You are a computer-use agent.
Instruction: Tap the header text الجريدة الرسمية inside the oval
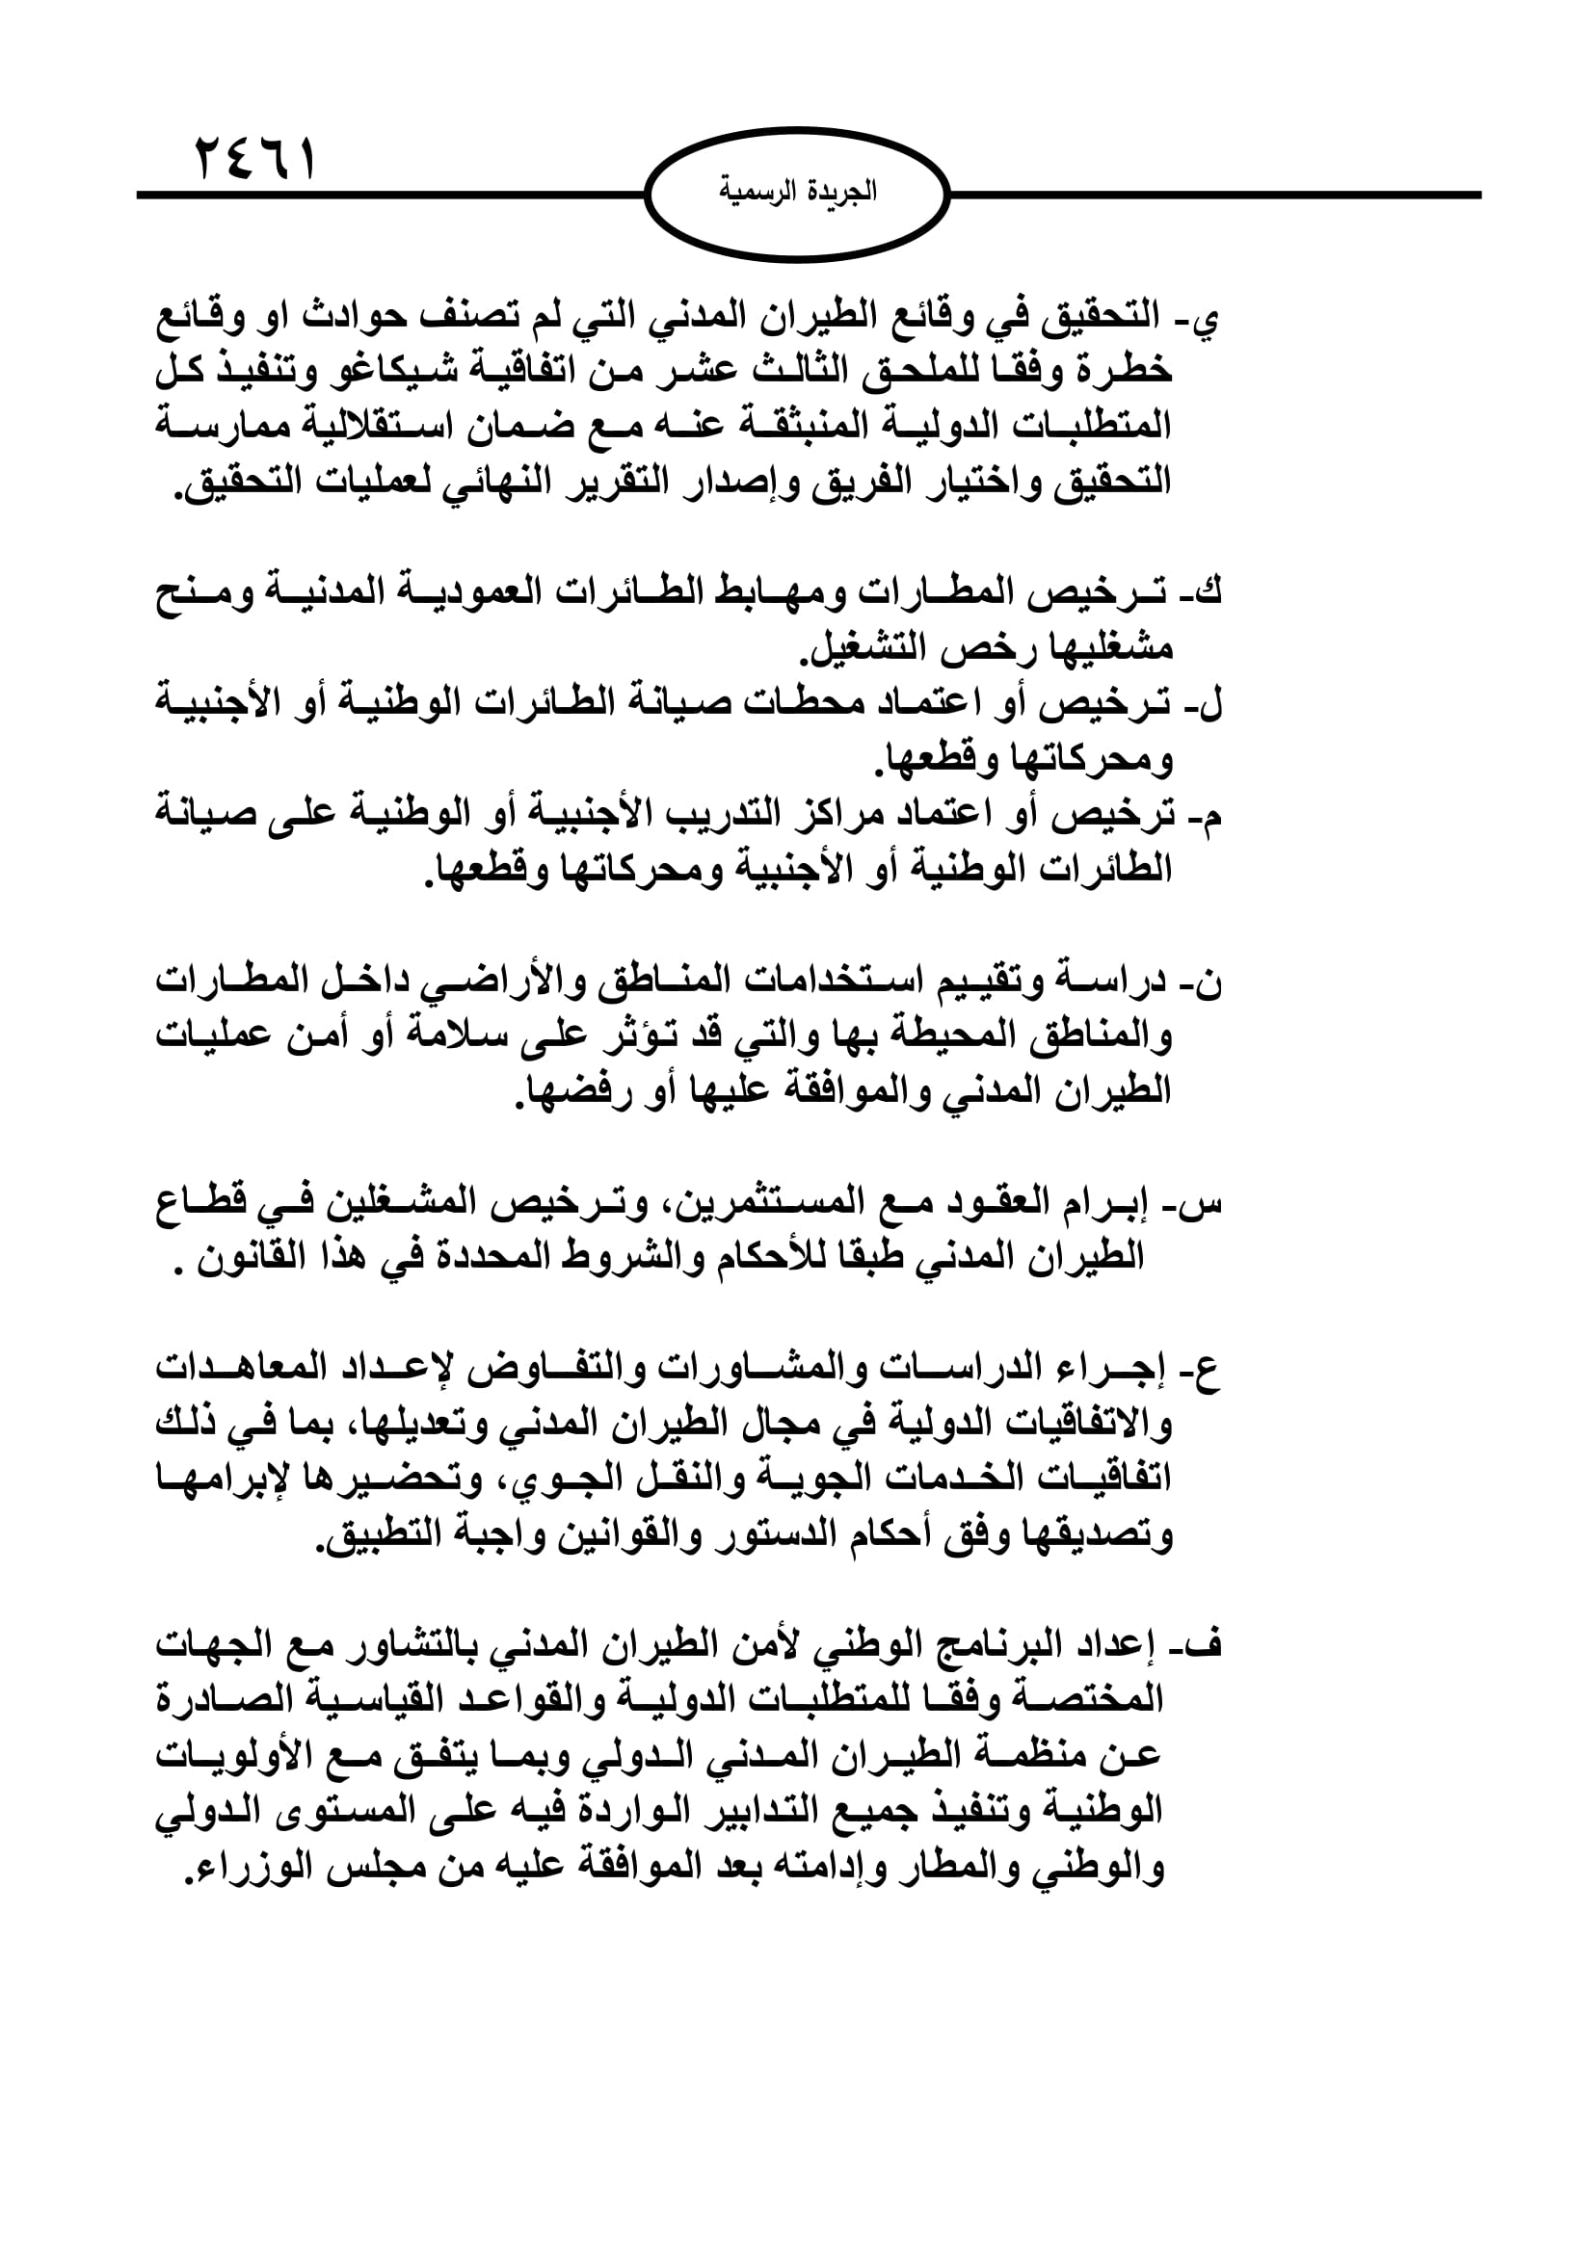click(x=798, y=192)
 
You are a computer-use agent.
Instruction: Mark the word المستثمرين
click(x=755, y=1202)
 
